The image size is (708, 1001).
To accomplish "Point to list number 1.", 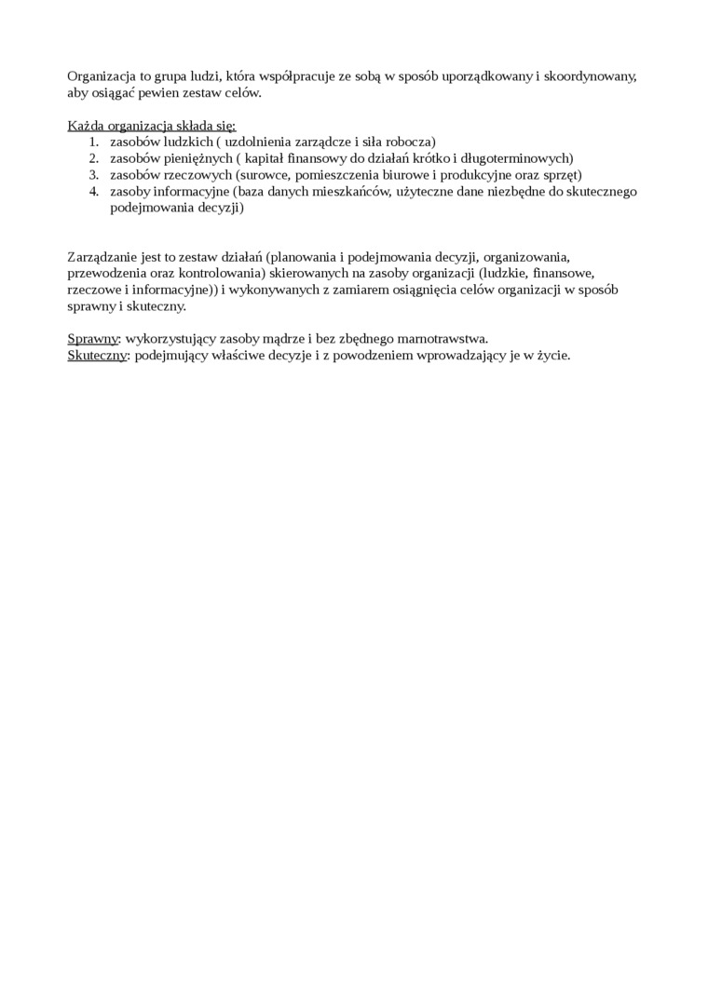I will coord(93,142).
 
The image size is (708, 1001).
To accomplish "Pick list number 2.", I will coord(93,158).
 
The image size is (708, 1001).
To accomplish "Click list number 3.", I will coord(93,175).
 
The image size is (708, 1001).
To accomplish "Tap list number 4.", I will coord(93,192).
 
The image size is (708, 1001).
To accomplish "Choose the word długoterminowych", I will coord(518,158).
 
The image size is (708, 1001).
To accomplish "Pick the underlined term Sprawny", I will coord(92,339).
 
